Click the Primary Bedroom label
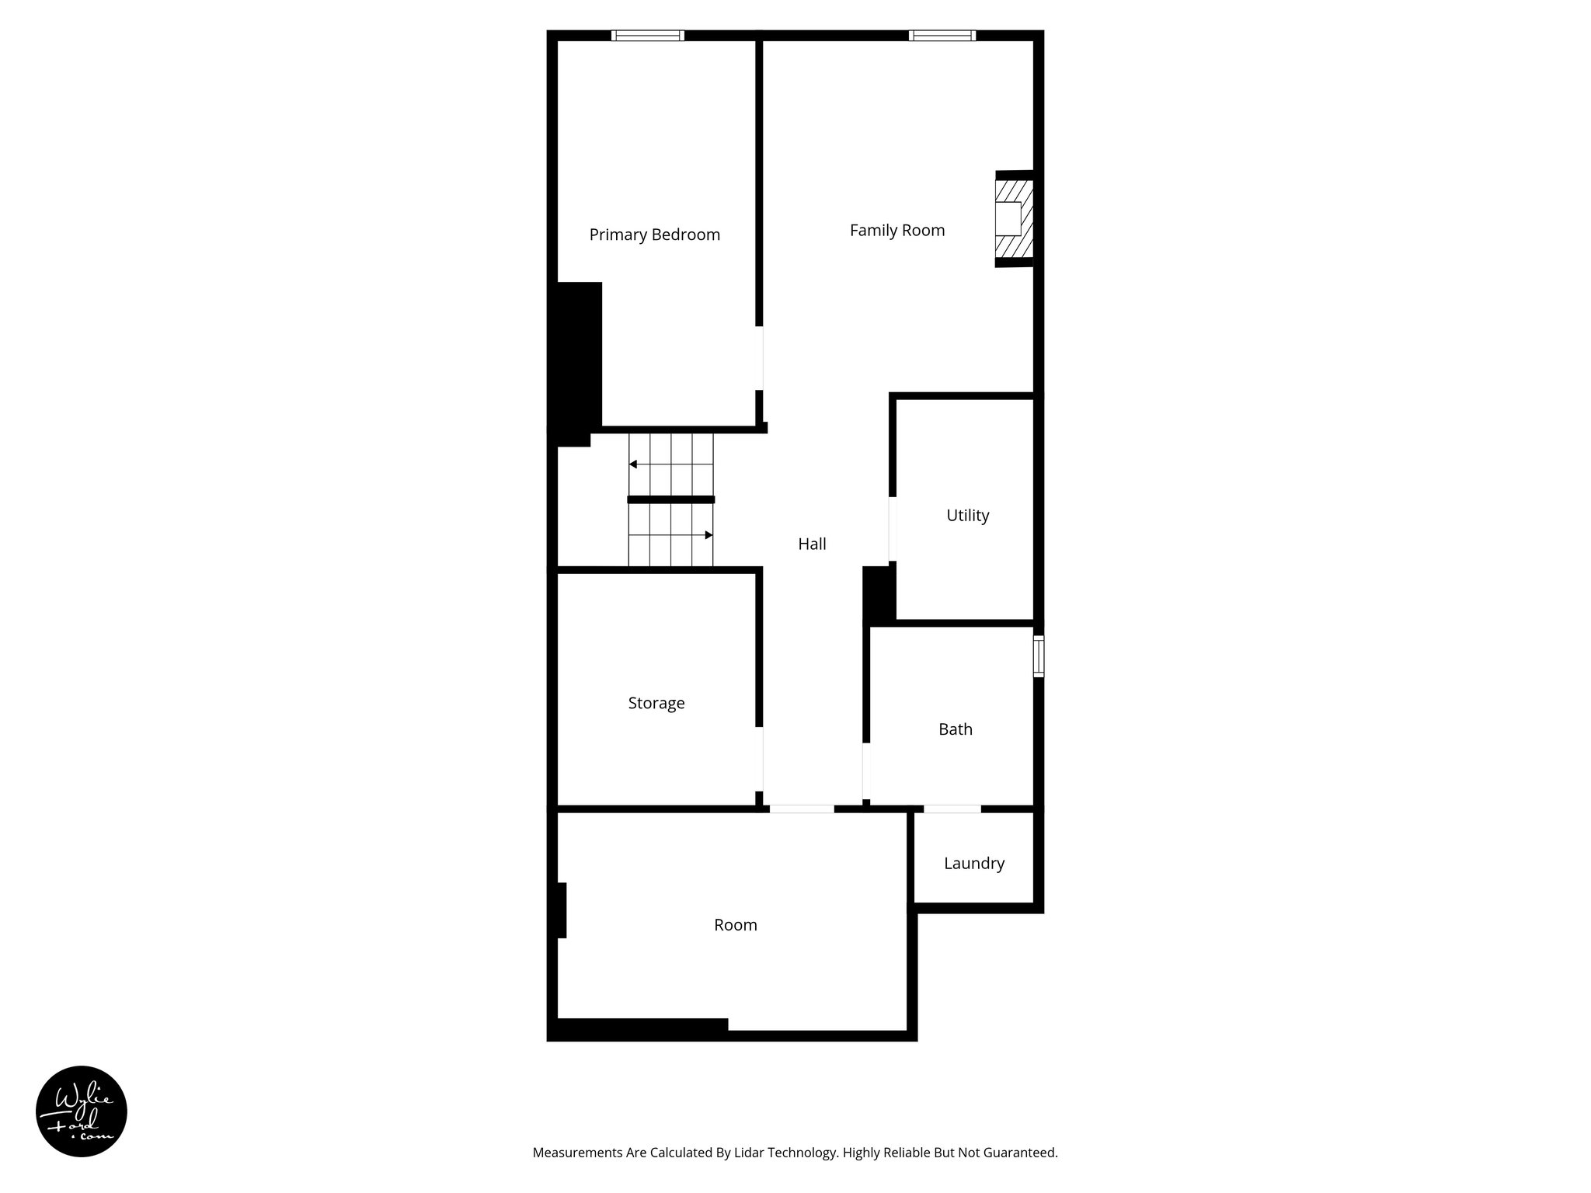coord(654,235)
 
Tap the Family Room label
coord(896,230)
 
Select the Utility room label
coord(967,515)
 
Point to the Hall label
coord(812,544)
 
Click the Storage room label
coord(656,703)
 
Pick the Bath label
coord(955,729)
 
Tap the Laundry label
coord(973,863)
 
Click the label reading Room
coord(735,924)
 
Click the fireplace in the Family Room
coord(1013,219)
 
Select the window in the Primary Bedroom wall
coord(647,35)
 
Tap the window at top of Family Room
coord(942,35)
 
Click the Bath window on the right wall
coord(1038,656)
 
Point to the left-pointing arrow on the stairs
coord(634,464)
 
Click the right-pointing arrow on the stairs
coord(708,535)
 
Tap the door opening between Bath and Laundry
coord(952,809)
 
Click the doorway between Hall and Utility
coord(893,529)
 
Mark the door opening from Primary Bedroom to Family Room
coord(759,357)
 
